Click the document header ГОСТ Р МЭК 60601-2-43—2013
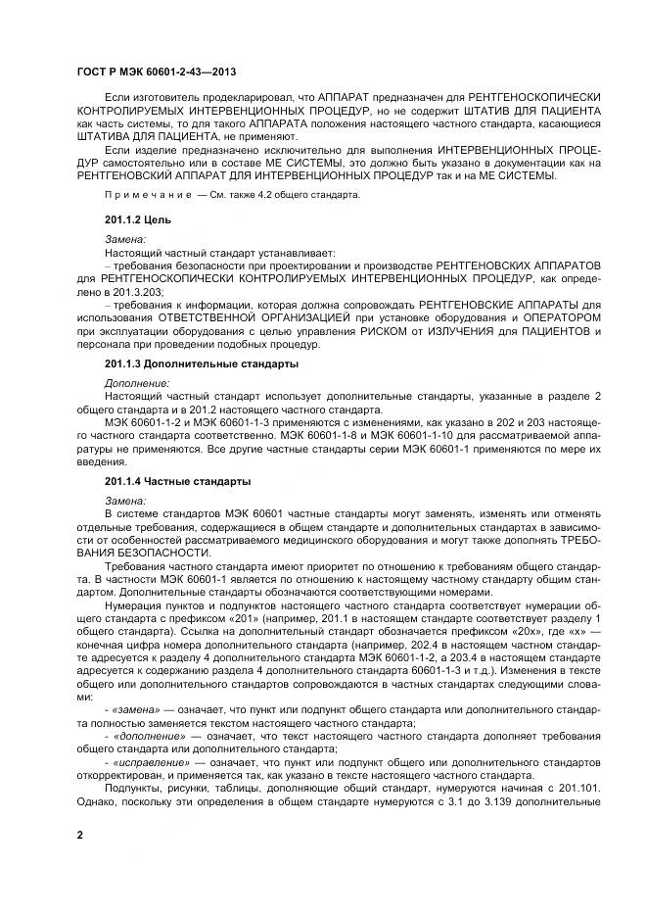[156, 72]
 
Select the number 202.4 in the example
[448, 645]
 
